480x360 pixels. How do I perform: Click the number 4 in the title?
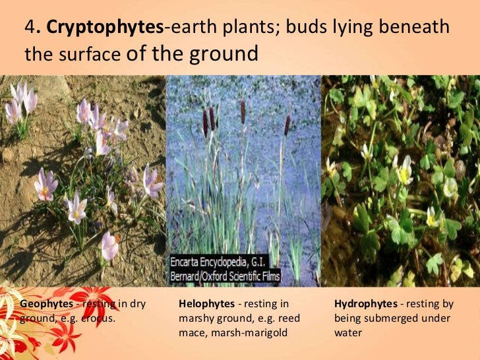30,28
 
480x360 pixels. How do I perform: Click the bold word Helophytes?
206,304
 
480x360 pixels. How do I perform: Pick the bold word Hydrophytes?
365,304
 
